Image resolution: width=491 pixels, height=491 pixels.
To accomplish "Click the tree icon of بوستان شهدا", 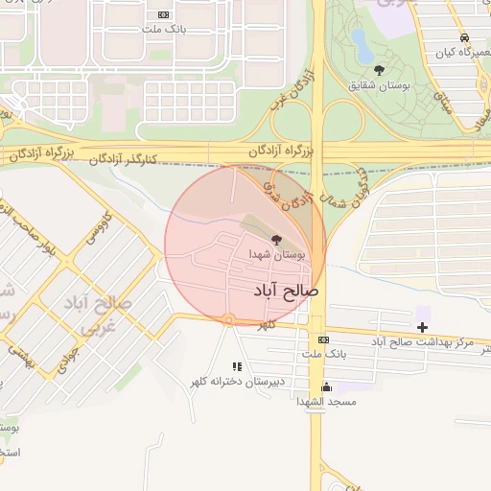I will click(277, 240).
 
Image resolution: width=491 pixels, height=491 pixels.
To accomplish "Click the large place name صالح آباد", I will click(286, 289).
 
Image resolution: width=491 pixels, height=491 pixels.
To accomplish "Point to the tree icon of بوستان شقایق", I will click(379, 70).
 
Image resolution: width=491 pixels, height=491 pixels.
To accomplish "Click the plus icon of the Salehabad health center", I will click(422, 327).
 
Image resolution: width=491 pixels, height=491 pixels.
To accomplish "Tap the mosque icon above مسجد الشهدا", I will click(326, 387).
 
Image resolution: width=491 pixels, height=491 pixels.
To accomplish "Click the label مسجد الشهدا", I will click(327, 402).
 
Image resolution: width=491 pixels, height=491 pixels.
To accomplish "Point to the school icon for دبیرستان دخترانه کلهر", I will click(237, 366).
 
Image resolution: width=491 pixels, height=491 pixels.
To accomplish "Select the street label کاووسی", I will click(100, 226).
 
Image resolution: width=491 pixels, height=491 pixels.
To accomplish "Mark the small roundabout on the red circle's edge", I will click(228, 319).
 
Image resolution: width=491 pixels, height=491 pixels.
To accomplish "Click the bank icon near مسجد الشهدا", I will click(323, 340).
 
